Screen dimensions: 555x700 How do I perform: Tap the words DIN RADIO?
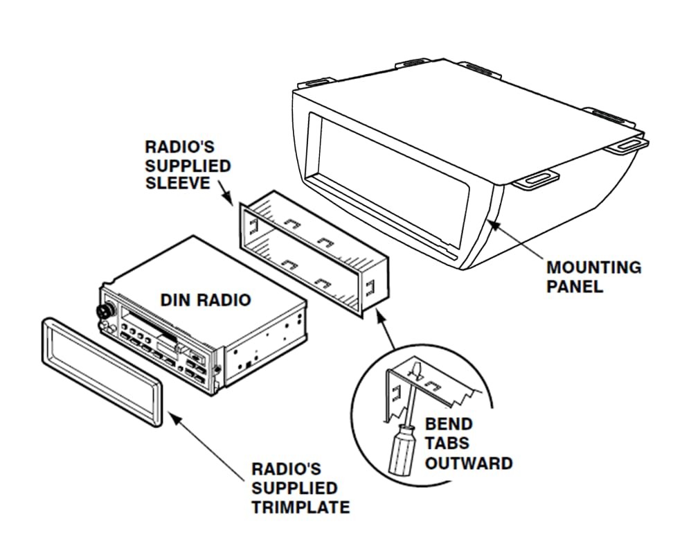pos(205,300)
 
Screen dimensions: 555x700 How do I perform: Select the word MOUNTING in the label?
pos(593,267)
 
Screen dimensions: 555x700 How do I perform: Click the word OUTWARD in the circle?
pos(468,463)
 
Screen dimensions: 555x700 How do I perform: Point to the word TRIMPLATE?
pos(300,507)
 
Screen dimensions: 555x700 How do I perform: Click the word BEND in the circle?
pos(448,424)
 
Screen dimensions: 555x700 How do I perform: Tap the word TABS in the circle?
pos(447,443)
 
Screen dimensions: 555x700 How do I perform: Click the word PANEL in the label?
pos(574,285)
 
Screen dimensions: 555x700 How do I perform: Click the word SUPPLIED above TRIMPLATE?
pos(294,488)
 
